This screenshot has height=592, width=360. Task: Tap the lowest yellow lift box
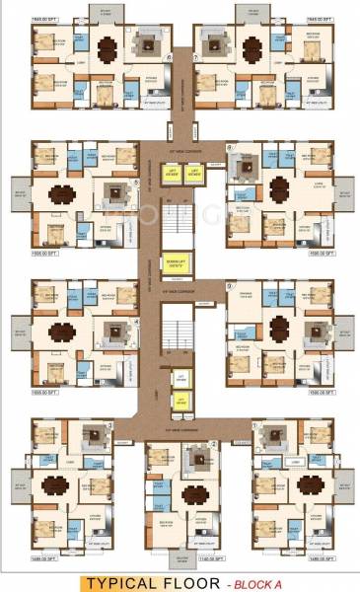click(180, 400)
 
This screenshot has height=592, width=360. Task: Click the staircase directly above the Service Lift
click(180, 223)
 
